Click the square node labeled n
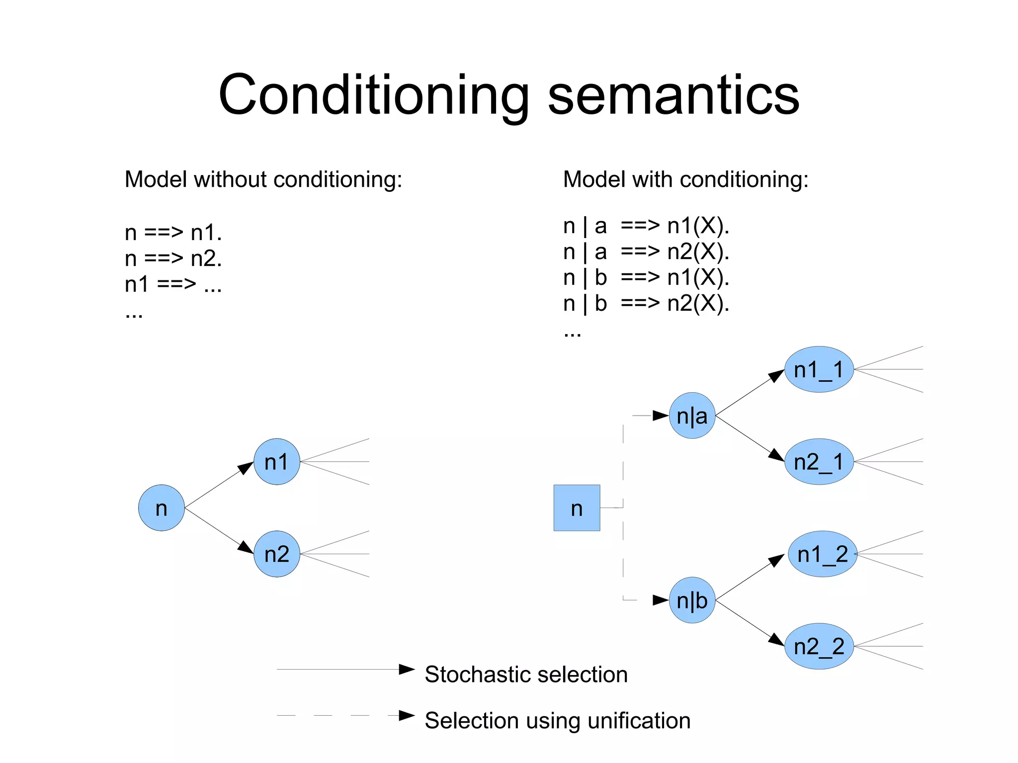(x=577, y=508)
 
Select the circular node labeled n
(x=161, y=508)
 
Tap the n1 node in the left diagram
(x=276, y=461)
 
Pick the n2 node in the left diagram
(x=276, y=554)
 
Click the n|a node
(x=692, y=416)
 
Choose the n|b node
(x=692, y=600)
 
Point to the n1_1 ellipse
(x=819, y=369)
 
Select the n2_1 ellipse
(x=819, y=461)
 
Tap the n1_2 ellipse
(x=822, y=554)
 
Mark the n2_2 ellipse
(x=819, y=646)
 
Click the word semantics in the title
(x=674, y=95)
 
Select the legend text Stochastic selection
(x=526, y=675)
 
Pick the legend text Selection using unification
(x=557, y=721)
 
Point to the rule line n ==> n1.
(x=173, y=233)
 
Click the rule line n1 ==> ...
(x=173, y=285)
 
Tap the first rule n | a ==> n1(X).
(x=646, y=226)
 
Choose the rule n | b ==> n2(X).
(x=646, y=303)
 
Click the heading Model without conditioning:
(x=263, y=179)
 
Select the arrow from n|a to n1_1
(x=750, y=393)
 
